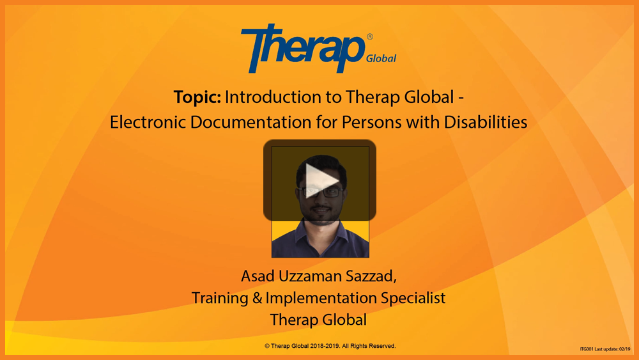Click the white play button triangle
tap(320, 180)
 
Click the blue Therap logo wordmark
tap(303, 48)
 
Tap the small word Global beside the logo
tap(381, 58)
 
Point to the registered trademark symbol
tap(369, 36)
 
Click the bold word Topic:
tap(197, 97)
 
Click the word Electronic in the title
tap(148, 122)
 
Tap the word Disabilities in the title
tap(486, 122)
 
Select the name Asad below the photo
tap(258, 276)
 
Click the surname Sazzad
tap(371, 276)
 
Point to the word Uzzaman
tap(310, 276)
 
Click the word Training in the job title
tap(220, 298)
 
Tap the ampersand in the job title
tap(257, 298)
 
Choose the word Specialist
tap(413, 298)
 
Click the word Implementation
tap(321, 298)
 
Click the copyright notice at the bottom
tap(330, 346)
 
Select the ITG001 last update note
tap(604, 349)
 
